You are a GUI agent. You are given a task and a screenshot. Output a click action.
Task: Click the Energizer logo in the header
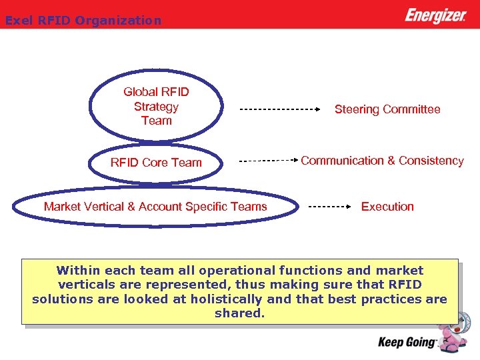click(435, 15)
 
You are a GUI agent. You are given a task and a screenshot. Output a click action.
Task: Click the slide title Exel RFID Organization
click(83, 21)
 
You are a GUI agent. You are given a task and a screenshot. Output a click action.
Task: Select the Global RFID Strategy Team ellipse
click(156, 106)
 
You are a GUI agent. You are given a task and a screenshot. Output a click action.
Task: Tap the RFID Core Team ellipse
click(156, 163)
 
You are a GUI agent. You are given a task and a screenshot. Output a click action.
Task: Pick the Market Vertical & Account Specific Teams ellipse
click(155, 207)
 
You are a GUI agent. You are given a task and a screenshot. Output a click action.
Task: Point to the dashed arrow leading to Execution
click(331, 207)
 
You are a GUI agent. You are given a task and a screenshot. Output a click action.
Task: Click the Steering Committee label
click(387, 109)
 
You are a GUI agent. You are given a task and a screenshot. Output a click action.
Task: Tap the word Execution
click(387, 207)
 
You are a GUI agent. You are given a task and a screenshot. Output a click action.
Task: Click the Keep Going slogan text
click(407, 343)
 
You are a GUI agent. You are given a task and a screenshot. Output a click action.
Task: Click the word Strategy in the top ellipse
click(156, 107)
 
